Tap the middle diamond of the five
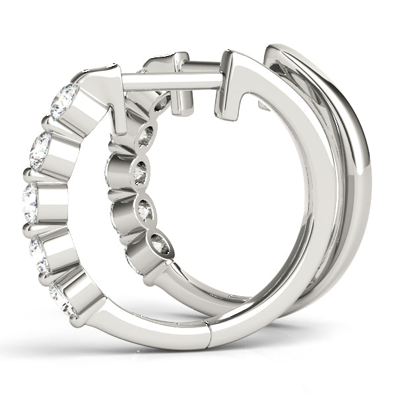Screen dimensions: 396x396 [x=30, y=203]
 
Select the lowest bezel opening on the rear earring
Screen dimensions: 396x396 [x=161, y=245]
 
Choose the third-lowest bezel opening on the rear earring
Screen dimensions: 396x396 [x=140, y=173]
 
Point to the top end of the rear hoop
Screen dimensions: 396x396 [x=290, y=53]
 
